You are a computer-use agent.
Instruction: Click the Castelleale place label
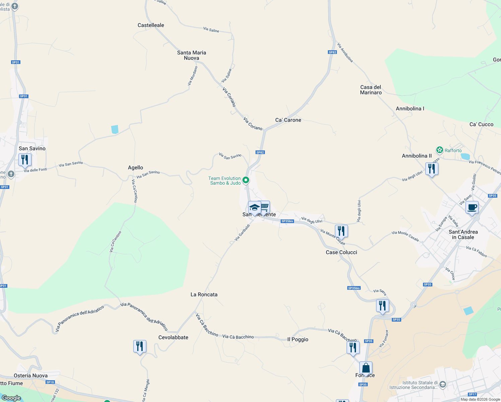[151, 25]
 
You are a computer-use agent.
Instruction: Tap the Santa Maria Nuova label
[192, 55]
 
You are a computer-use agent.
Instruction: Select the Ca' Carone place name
[288, 120]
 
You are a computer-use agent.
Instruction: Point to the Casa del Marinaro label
[371, 90]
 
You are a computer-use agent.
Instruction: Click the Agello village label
[135, 167]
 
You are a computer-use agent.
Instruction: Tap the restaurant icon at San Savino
[25, 160]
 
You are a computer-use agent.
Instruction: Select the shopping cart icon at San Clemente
[265, 207]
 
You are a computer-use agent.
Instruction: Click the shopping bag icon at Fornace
[366, 368]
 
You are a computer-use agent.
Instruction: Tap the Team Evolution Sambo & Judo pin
[246, 180]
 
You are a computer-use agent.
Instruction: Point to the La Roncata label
[204, 294]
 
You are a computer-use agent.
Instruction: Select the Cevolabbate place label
[173, 337]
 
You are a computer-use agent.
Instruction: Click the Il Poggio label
[298, 339]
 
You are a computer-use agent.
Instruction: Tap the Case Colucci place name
[341, 252]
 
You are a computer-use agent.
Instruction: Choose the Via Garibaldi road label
[242, 232]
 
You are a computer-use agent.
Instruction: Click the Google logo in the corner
[11, 398]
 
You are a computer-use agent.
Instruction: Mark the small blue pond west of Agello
[115, 129]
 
